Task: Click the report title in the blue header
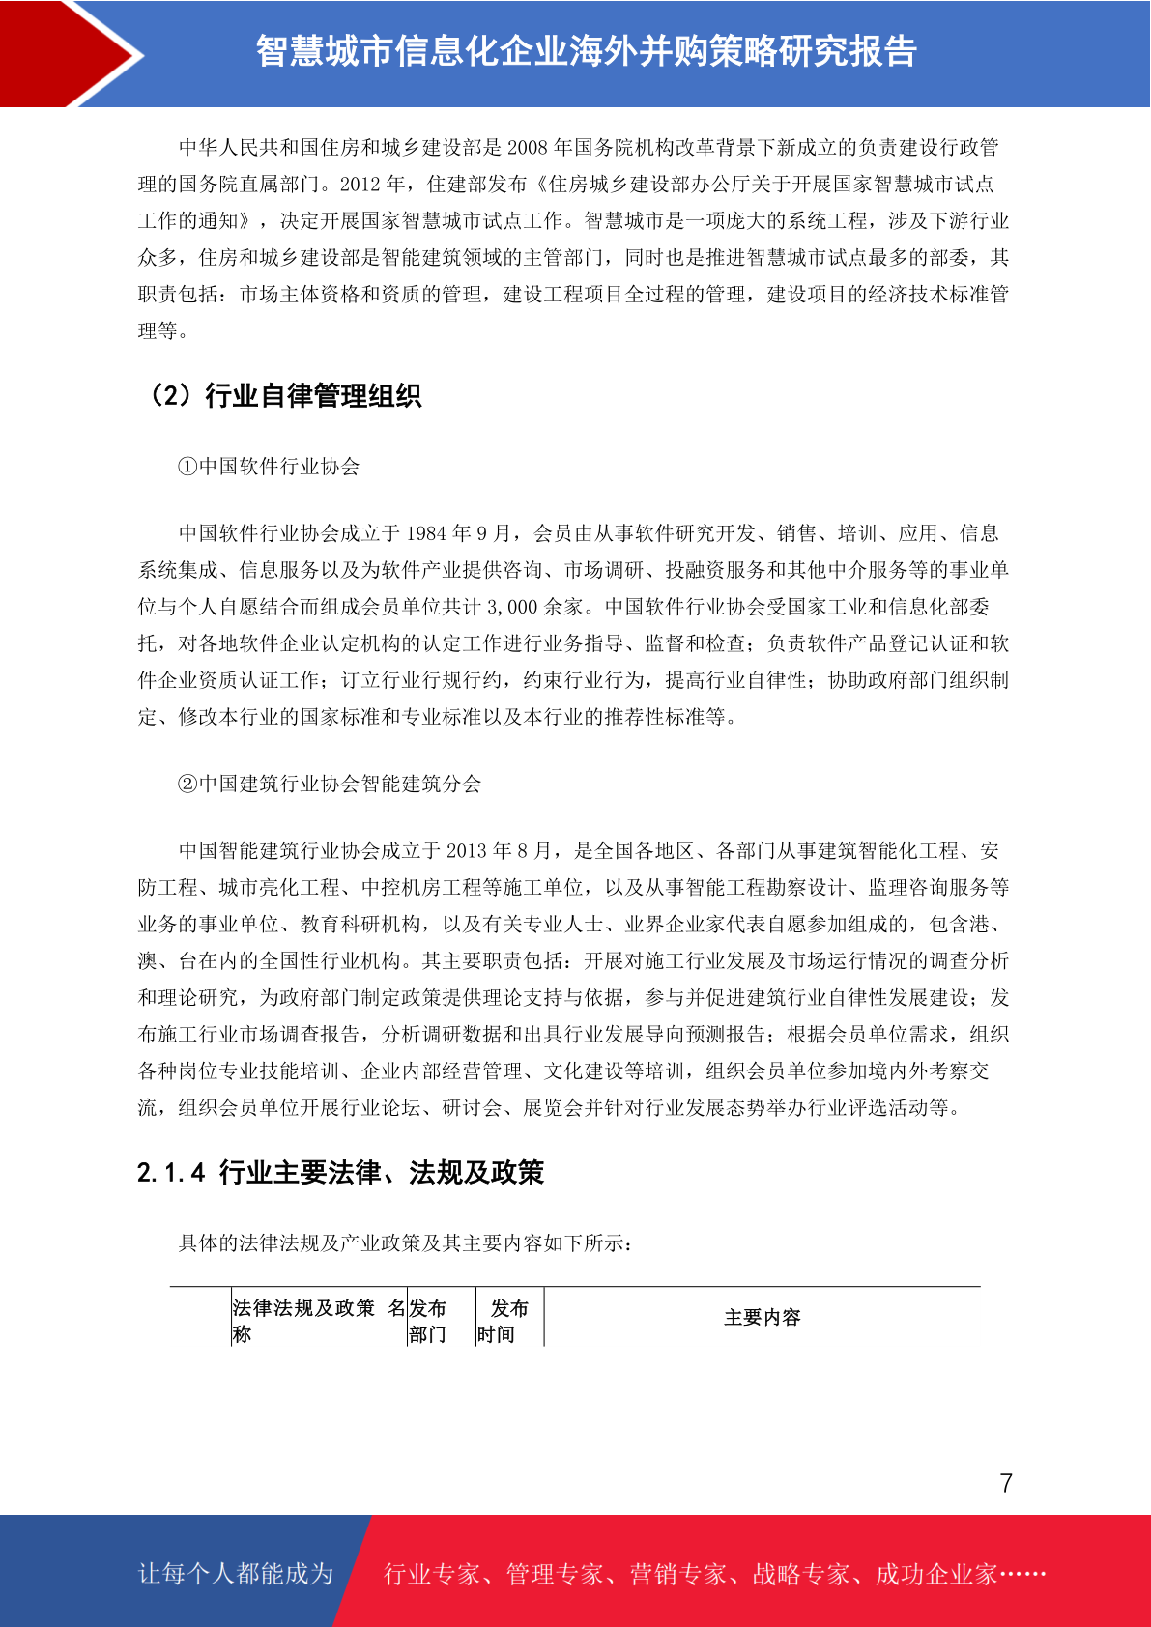pos(586,51)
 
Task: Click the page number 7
pos(1006,1483)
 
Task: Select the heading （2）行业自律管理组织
pos(282,396)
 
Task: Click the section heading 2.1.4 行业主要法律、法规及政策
pos(340,1173)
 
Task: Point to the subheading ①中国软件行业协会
pos(269,467)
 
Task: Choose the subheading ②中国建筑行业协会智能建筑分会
pos(330,784)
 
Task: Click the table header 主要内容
pos(763,1318)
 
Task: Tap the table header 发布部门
pos(427,1321)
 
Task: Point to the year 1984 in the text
pos(426,534)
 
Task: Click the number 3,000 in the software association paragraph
pos(511,608)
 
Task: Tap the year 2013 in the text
pos(467,851)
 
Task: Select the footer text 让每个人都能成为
pos(236,1574)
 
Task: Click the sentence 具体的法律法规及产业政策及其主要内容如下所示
pos(405,1243)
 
